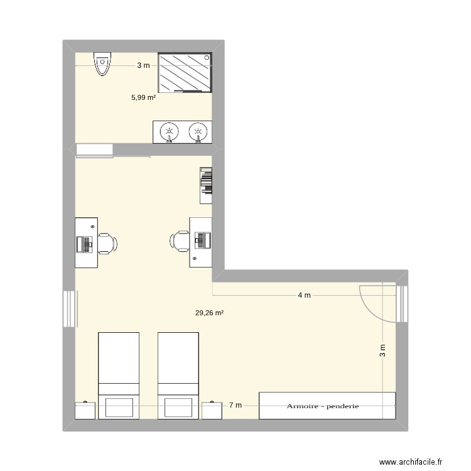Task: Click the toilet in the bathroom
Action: pos(102,64)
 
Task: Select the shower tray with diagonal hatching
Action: pos(185,72)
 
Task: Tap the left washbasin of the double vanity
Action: pos(170,132)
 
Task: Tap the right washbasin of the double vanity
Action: pos(198,132)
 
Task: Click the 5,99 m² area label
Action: pos(144,97)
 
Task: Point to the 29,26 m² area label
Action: pos(209,313)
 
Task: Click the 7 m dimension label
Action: pos(235,405)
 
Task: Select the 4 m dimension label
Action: pos(305,295)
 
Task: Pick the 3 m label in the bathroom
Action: pos(143,65)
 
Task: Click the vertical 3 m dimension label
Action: pos(382,350)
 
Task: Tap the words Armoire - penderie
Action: pos(323,406)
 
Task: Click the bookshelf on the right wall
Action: pos(206,186)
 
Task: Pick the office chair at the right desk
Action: pos(180,241)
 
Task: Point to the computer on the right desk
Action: pos(203,240)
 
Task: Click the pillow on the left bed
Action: pos(119,408)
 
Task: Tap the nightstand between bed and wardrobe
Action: pos(212,411)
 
